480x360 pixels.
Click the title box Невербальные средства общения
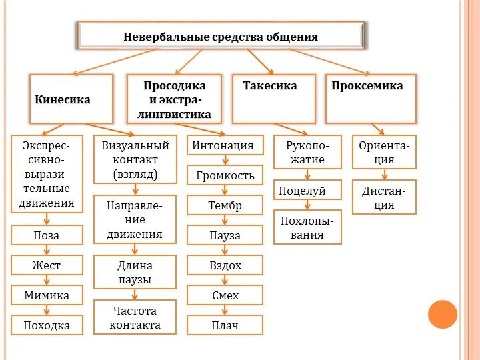pyautogui.click(x=221, y=35)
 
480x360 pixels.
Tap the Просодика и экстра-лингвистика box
pyautogui.click(x=175, y=99)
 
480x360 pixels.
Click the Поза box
pyautogui.click(x=47, y=235)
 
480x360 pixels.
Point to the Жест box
pyautogui.click(x=47, y=265)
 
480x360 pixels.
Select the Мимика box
pyautogui.click(x=47, y=295)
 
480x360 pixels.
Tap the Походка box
pyautogui.click(x=47, y=325)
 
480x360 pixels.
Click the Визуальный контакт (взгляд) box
pyautogui.click(x=135, y=160)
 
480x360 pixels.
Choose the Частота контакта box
pyautogui.click(x=135, y=318)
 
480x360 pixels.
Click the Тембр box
pyautogui.click(x=225, y=205)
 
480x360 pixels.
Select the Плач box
pyautogui.click(x=225, y=325)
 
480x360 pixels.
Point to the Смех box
pyautogui.click(x=225, y=295)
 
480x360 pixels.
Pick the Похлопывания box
pyautogui.click(x=307, y=227)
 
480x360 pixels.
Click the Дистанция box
pyautogui.click(x=383, y=197)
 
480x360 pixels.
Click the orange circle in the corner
pyautogui.click(x=443, y=314)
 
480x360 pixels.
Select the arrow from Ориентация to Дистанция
pyautogui.click(x=384, y=175)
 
